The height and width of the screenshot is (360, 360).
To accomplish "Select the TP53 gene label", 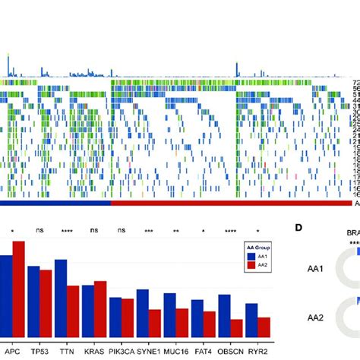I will click(x=39, y=353).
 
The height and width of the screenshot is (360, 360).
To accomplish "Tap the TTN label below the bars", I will click(x=67, y=353).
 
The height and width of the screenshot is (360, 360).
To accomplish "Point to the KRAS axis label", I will click(x=94, y=353).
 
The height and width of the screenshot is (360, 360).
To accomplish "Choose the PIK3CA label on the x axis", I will click(x=122, y=353).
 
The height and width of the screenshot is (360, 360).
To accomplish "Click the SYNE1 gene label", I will click(x=149, y=353).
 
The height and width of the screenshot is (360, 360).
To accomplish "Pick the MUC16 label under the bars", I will click(x=176, y=353).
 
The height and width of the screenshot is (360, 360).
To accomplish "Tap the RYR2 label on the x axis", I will click(x=257, y=353).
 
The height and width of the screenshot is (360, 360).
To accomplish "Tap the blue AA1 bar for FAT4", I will click(x=197, y=318).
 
